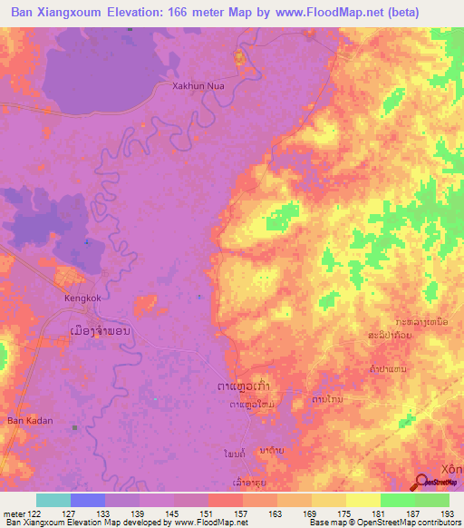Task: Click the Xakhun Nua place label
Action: click(x=198, y=87)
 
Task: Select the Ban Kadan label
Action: click(x=31, y=421)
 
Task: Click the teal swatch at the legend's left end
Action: click(x=53, y=500)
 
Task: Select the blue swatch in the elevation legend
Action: click(x=88, y=500)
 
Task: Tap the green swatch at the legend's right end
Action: click(x=432, y=500)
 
